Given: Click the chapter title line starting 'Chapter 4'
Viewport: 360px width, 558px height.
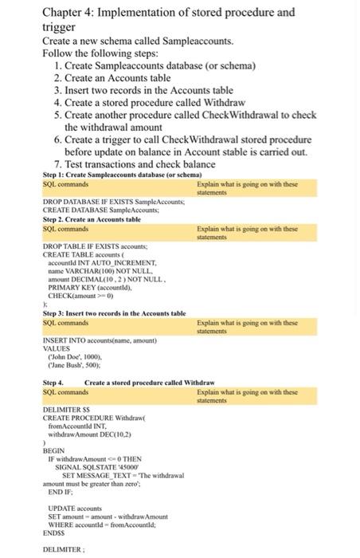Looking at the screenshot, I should [x=168, y=12].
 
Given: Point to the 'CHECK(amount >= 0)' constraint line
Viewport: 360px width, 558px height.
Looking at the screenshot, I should [x=80, y=293].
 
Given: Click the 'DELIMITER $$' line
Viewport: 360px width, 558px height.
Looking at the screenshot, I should [x=63, y=410].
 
